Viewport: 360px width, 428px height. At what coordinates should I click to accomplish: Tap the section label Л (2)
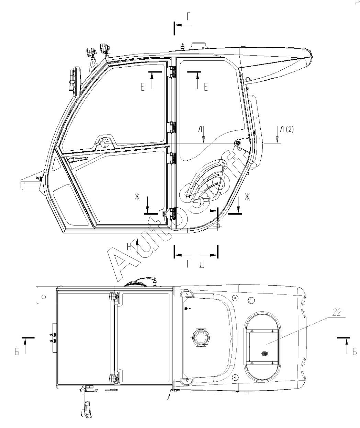287,129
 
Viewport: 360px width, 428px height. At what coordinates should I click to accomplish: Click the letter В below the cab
129,247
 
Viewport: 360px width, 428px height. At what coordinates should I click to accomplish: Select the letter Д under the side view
202,265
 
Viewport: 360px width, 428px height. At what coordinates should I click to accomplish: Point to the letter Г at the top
189,16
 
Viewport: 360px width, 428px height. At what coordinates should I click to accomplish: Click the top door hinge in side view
172,72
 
